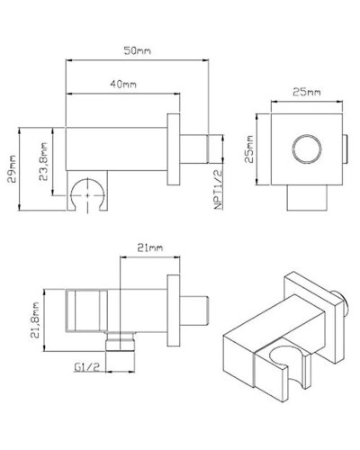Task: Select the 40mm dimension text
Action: [x=123, y=84]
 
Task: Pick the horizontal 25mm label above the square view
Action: [x=306, y=93]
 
